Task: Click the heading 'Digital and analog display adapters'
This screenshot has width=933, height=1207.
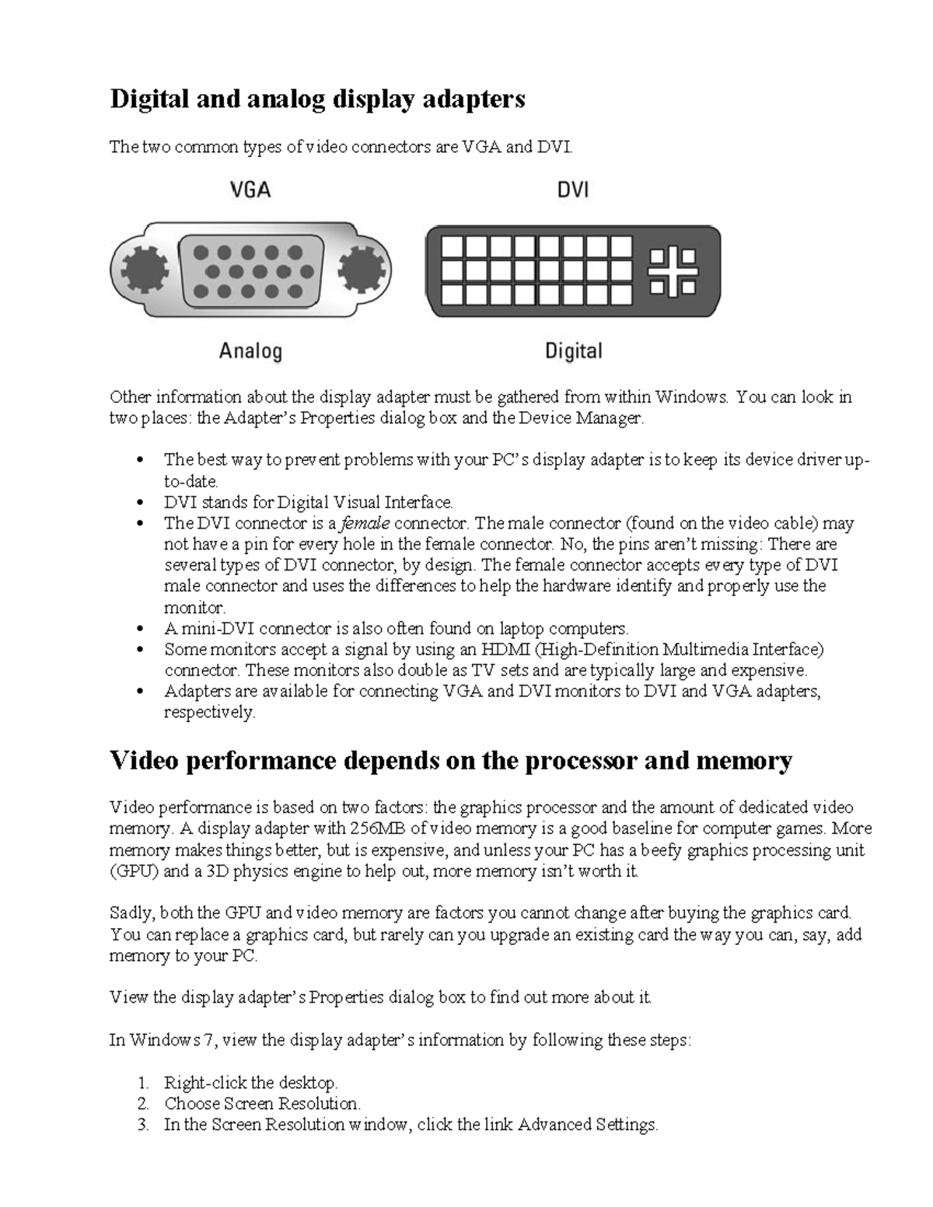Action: (x=317, y=99)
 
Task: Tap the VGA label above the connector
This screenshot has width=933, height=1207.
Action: (x=250, y=189)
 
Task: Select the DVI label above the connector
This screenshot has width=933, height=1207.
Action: (x=573, y=189)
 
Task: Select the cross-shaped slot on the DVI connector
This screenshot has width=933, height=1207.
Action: (x=673, y=271)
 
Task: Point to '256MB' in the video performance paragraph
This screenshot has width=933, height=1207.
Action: (x=379, y=829)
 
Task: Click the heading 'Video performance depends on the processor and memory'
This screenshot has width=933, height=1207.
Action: (x=451, y=759)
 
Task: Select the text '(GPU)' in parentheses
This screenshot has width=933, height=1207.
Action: (x=135, y=870)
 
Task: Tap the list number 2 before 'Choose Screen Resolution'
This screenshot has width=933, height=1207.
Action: (x=142, y=1104)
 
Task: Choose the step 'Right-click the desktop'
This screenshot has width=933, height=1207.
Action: (x=250, y=1083)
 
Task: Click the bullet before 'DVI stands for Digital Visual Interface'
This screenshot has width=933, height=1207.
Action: (x=140, y=503)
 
